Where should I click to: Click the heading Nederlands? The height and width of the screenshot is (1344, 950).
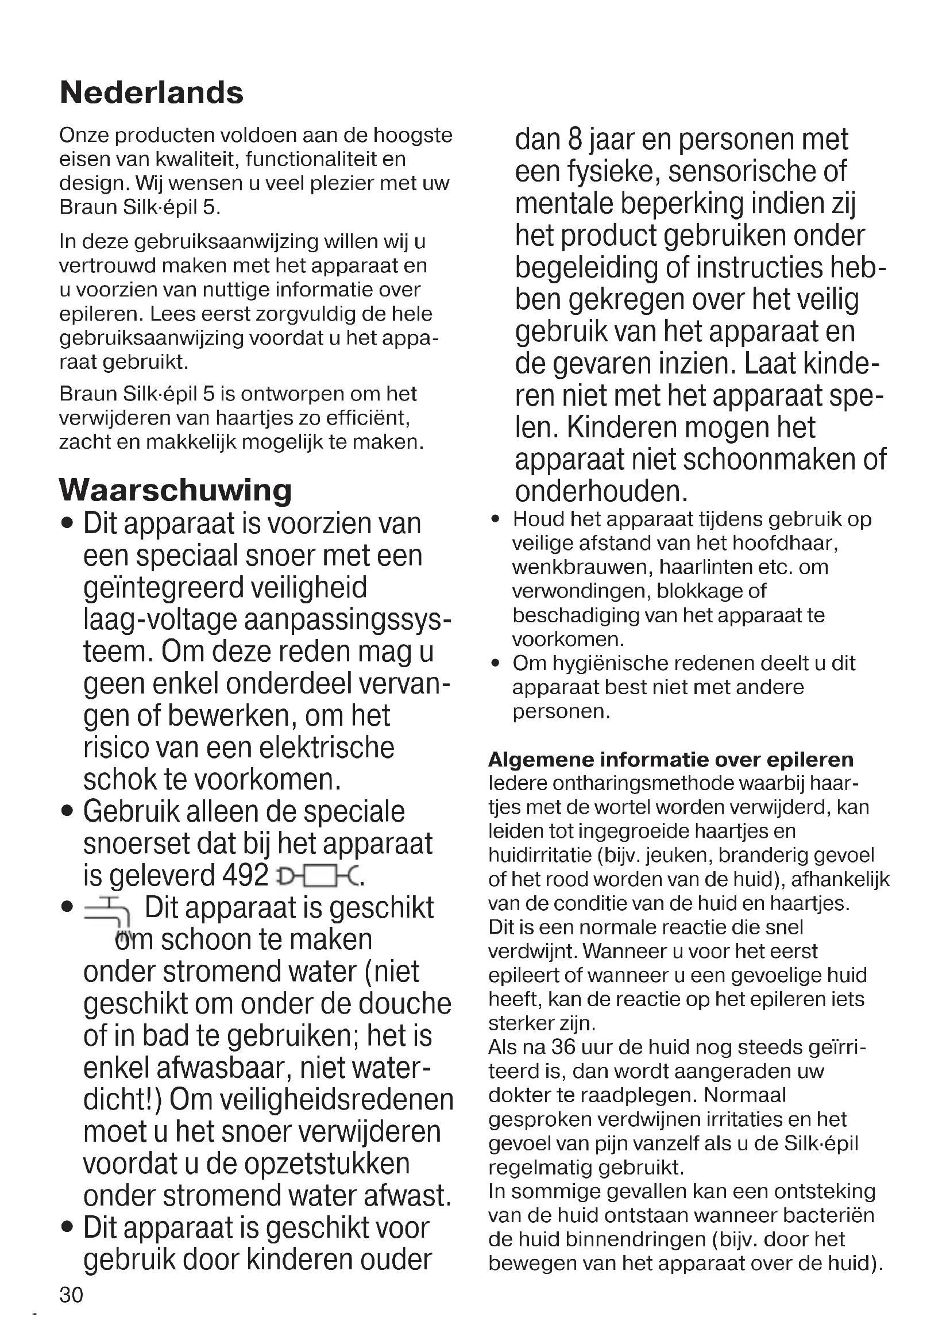tap(152, 93)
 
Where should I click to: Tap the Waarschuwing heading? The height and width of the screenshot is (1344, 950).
tap(176, 490)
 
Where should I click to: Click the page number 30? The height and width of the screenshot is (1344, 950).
tap(71, 1294)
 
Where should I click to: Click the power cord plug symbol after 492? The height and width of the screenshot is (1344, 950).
tap(319, 877)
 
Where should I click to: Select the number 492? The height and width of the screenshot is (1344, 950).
tap(246, 876)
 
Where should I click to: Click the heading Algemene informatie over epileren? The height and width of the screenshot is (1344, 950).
tap(670, 759)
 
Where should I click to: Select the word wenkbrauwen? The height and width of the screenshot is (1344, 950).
tap(582, 567)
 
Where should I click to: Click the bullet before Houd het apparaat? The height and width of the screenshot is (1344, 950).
tap(496, 519)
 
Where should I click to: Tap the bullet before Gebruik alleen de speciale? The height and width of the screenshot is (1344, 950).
tap(68, 812)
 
